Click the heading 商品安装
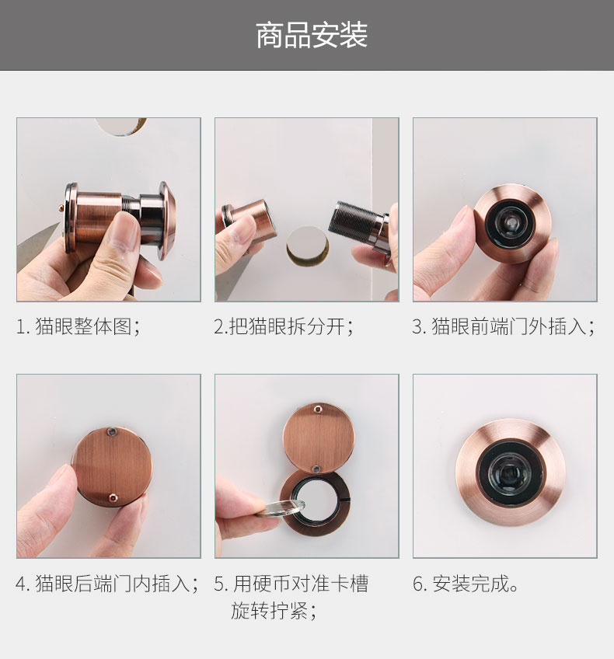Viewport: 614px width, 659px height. coord(312,35)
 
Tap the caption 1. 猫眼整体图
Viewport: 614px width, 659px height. coord(78,326)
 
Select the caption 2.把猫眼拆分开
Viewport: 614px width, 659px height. coord(283,326)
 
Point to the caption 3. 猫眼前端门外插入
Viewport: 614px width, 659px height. coord(504,326)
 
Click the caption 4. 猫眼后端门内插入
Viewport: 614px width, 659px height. coord(107,584)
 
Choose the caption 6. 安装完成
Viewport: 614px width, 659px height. coord(466,584)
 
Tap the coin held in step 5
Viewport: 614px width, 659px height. coord(281,508)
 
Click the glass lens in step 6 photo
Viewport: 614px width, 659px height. coord(510,472)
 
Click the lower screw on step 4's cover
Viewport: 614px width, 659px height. coord(113,498)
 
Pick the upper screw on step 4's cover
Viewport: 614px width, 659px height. coord(111,431)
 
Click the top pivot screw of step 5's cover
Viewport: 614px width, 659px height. coord(318,409)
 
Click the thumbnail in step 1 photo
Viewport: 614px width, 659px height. coord(121,233)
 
